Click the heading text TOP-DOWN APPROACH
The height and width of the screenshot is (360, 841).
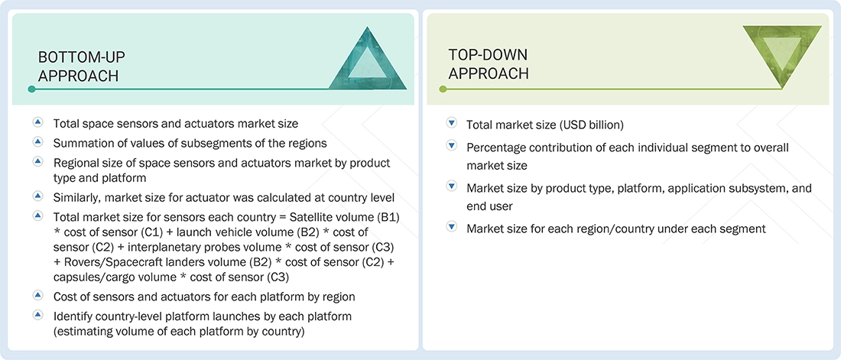point(488,64)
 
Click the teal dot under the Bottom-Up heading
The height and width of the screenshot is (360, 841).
point(31,89)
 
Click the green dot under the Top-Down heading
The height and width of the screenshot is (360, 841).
point(442,89)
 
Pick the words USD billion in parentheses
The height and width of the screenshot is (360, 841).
point(590,125)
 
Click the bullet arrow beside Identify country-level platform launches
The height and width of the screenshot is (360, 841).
point(37,315)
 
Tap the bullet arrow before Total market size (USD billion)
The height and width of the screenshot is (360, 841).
point(451,124)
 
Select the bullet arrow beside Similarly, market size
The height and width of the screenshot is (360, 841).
point(37,197)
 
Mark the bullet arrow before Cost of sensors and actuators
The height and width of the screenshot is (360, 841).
point(37,295)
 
